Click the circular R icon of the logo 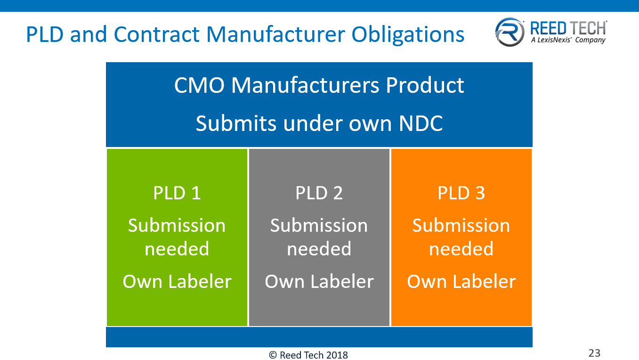click(x=510, y=32)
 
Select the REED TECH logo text click(x=568, y=28)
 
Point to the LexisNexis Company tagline click(x=568, y=41)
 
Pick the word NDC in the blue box click(x=421, y=123)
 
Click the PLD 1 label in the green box click(x=177, y=193)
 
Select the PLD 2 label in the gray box click(x=319, y=193)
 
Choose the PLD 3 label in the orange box click(x=461, y=193)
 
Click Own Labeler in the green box click(x=177, y=281)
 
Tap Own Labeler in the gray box click(x=319, y=281)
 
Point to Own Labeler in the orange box click(x=461, y=281)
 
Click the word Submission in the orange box click(x=461, y=226)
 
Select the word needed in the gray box click(x=319, y=249)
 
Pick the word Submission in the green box click(x=177, y=226)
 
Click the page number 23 click(x=595, y=353)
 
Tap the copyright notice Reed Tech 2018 click(x=308, y=355)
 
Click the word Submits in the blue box click(x=236, y=123)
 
